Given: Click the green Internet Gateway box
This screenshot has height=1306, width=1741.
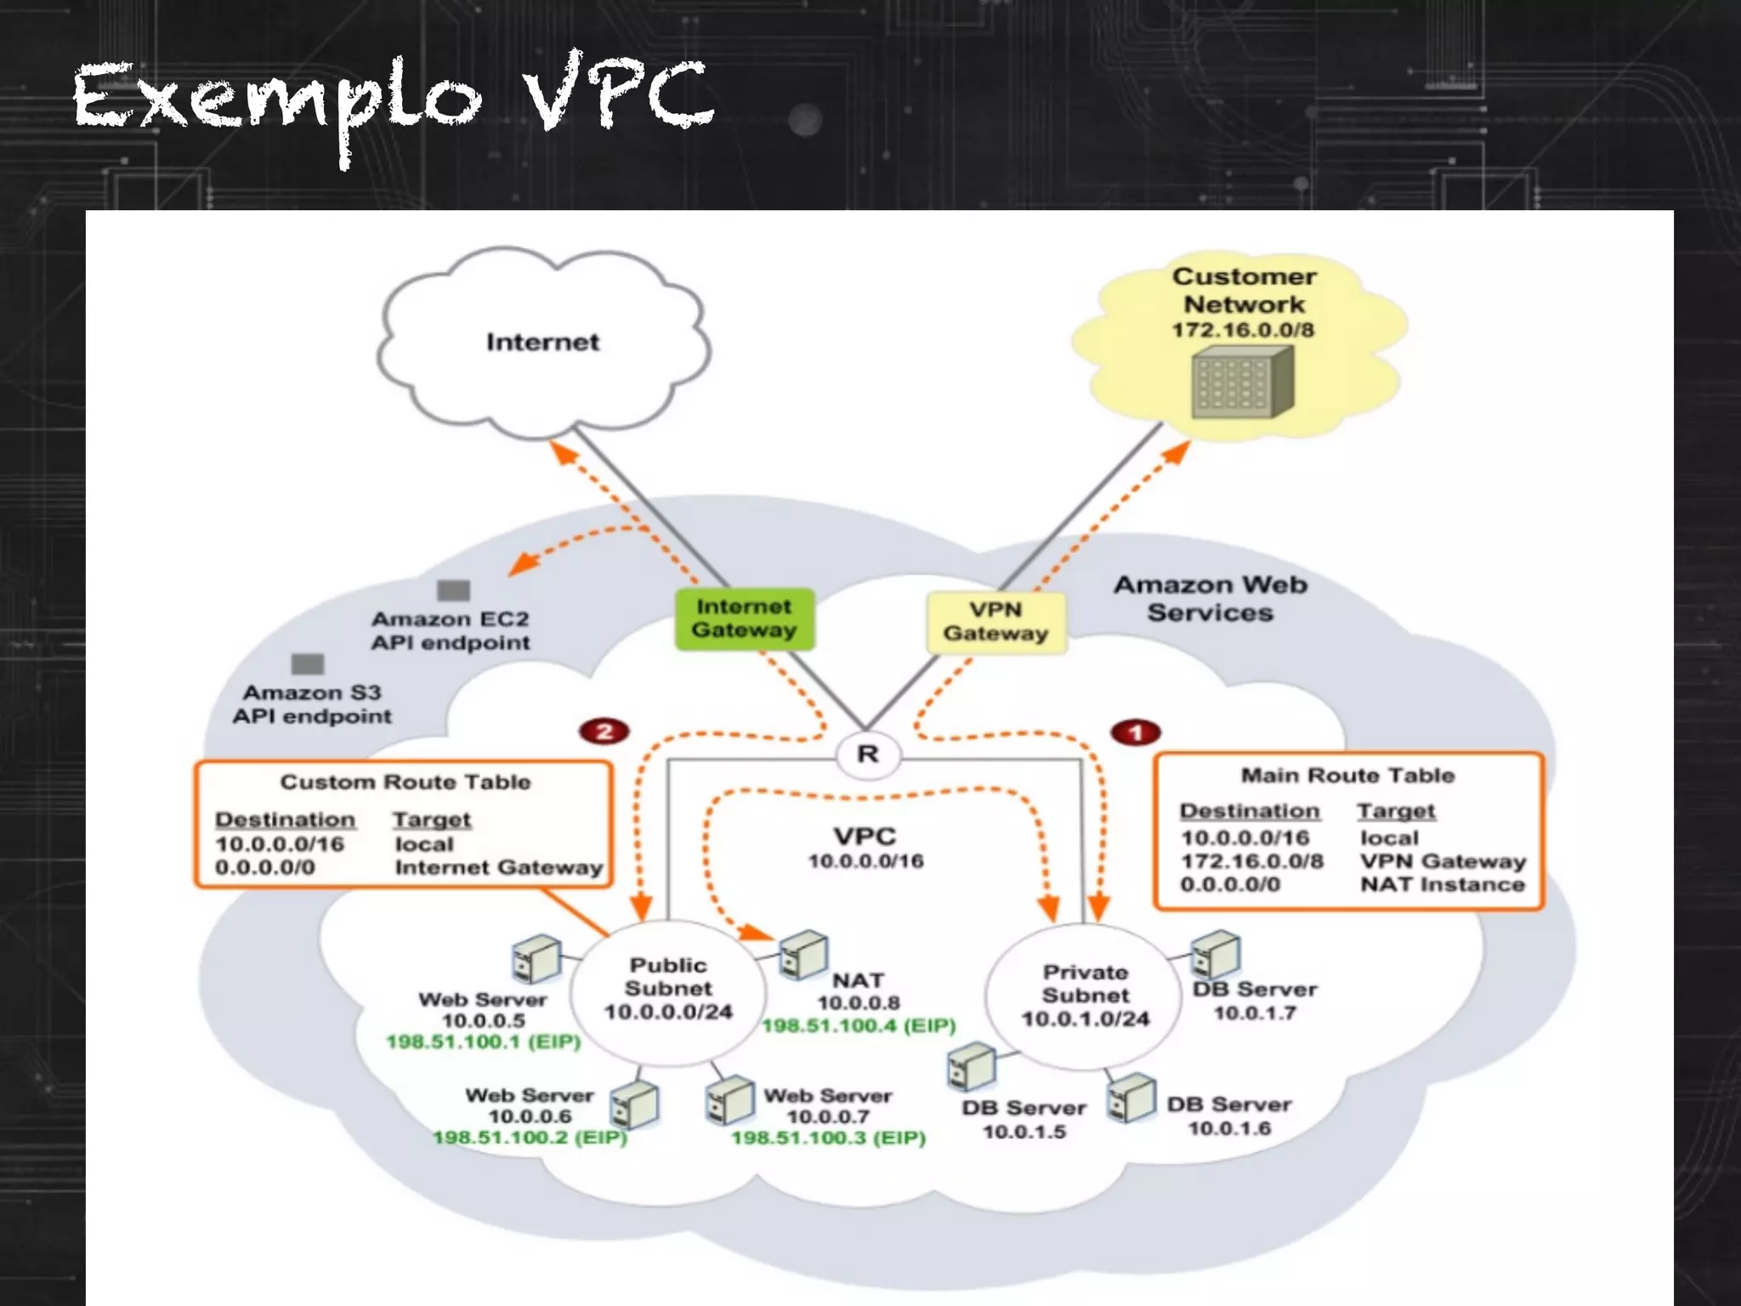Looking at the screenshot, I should [x=744, y=619].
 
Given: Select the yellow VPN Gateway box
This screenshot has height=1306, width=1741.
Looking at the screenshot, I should [x=995, y=622].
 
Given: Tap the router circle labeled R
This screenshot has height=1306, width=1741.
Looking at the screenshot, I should [x=867, y=754].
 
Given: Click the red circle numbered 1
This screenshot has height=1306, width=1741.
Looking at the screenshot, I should [x=1135, y=732].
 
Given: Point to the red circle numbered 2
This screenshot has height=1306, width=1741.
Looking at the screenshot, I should [x=604, y=731].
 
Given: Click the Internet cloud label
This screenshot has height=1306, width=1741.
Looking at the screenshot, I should [x=542, y=342].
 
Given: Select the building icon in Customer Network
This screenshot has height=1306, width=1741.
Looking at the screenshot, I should [x=1242, y=385].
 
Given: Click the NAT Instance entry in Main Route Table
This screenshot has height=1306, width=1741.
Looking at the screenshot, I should [x=1442, y=884].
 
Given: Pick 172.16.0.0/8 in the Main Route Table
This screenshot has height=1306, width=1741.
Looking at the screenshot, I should [x=1251, y=861].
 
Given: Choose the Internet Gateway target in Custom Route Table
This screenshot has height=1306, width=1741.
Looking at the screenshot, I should [x=498, y=867].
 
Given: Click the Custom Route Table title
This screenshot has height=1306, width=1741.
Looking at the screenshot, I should [x=405, y=781].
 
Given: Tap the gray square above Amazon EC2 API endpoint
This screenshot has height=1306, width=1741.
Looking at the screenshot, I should [x=453, y=590].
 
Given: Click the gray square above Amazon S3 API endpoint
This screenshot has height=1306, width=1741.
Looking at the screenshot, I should [x=307, y=663].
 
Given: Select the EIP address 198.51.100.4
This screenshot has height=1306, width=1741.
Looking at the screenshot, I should [x=859, y=1025].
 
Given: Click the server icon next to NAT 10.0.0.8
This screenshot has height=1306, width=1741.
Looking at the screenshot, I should [x=802, y=954].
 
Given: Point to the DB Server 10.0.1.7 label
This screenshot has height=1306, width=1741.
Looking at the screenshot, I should [x=1255, y=1001].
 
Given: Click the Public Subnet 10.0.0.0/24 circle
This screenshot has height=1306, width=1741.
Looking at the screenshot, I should [x=668, y=990].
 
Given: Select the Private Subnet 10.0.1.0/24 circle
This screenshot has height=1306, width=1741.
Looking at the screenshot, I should [x=1085, y=995].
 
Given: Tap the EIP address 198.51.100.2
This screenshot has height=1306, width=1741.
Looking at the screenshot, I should [x=530, y=1138].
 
